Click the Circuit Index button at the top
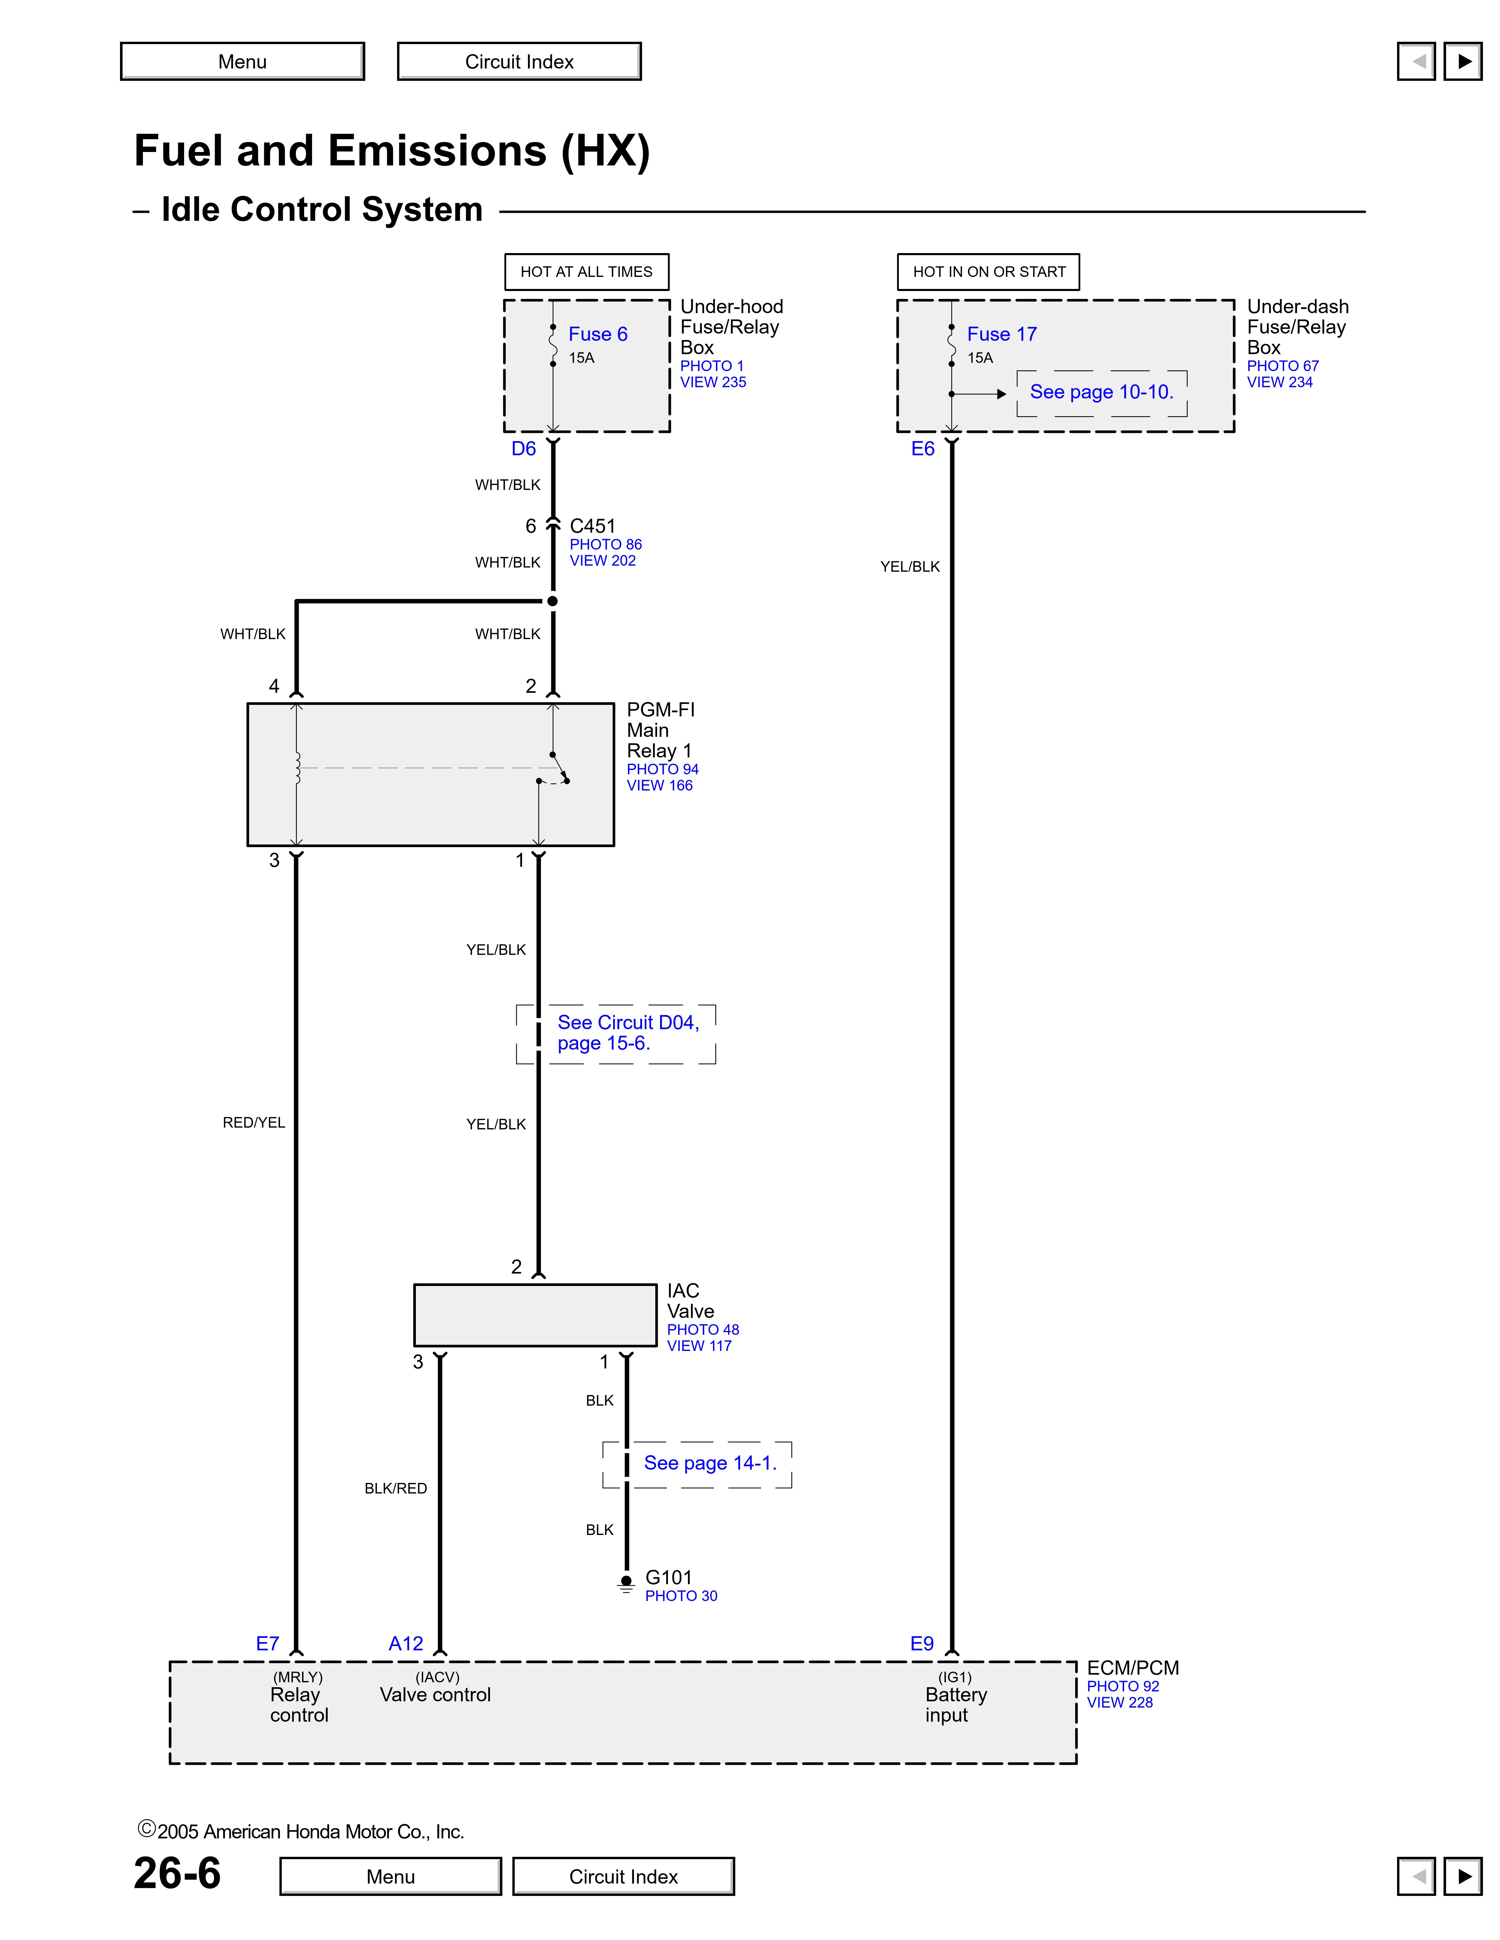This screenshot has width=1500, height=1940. tap(519, 61)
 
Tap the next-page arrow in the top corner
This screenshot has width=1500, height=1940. tap(1463, 61)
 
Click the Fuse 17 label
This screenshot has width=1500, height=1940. tap(1001, 334)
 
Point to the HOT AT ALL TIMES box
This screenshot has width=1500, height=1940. tap(586, 272)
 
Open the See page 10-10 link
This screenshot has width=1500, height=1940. tap(1101, 392)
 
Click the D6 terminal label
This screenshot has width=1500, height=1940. tap(524, 449)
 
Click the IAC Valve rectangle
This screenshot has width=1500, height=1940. tap(535, 1315)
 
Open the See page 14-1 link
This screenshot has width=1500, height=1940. tap(710, 1463)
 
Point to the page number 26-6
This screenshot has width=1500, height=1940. tap(177, 1873)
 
